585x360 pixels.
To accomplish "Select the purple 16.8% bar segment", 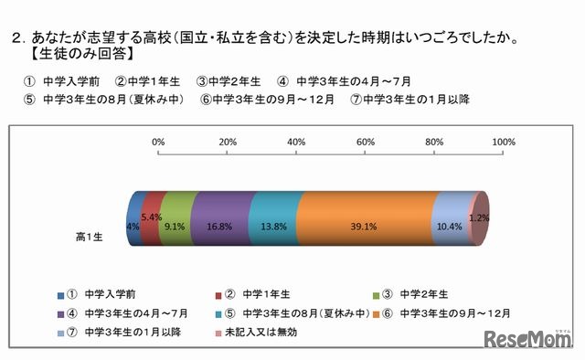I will click(219, 219).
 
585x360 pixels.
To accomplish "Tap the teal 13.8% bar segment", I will click(272, 219).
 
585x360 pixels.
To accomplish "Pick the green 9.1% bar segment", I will click(177, 219).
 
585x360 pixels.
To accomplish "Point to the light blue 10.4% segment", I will click(449, 219).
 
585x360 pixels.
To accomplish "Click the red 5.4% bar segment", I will click(152, 219).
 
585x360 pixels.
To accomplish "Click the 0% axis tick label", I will click(158, 143).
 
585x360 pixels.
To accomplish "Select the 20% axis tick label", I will click(228, 143).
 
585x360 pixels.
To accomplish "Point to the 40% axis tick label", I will click(296, 143).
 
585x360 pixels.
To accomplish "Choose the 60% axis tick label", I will click(366, 143).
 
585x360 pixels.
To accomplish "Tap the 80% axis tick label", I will click(434, 143).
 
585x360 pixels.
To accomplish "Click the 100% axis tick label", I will click(504, 143).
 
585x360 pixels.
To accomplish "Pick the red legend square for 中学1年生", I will click(217, 294).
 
